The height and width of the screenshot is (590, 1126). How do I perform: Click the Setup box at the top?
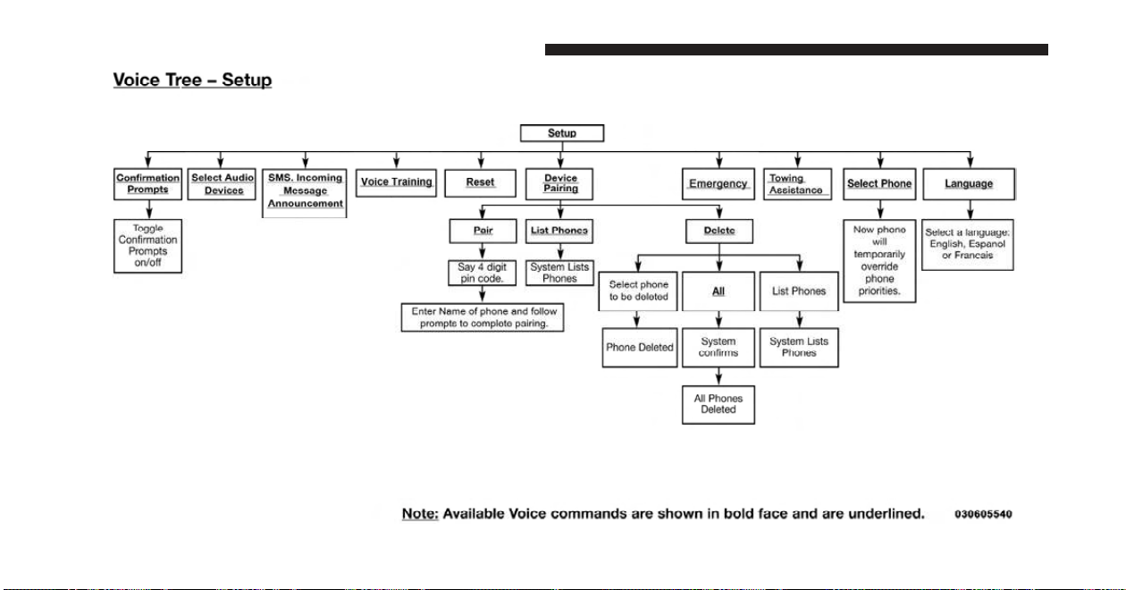coord(562,133)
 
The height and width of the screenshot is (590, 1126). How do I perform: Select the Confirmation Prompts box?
coord(147,184)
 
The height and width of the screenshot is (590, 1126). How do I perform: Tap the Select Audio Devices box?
coord(222,184)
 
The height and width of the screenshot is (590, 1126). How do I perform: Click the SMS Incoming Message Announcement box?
coord(305,193)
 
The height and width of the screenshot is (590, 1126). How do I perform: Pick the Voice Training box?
coord(396,182)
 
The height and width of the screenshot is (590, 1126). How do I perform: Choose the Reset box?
coord(480,183)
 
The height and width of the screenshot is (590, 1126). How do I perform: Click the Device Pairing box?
coord(559,184)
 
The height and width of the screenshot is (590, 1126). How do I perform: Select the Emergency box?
coord(718,184)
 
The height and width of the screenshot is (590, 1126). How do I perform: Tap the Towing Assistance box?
coord(797,184)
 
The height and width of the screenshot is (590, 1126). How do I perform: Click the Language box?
coord(969,184)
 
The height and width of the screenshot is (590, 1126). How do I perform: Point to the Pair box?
coord(483,231)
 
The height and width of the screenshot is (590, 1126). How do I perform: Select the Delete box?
coord(719,231)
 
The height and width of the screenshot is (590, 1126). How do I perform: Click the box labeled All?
coord(718,291)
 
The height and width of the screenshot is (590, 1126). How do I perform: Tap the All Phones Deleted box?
coord(718,405)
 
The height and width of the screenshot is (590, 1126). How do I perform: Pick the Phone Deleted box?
coord(640,348)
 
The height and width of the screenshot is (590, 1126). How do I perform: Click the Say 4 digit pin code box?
coord(482,273)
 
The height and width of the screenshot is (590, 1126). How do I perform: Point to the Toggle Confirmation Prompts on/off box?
coord(147,246)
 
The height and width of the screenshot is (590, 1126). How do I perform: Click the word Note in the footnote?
coord(420,514)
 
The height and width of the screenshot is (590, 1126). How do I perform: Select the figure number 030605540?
coord(983,514)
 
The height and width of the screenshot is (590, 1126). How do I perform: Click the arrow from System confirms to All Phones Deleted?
coord(718,376)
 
